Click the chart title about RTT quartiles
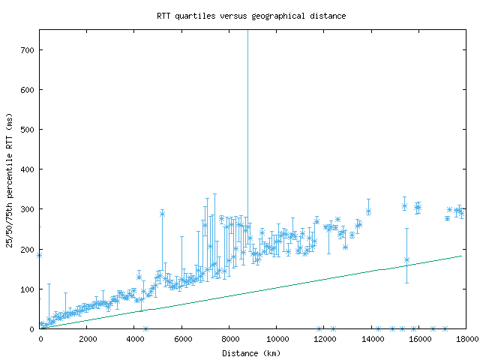251,16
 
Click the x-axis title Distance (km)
251,352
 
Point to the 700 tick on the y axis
27,50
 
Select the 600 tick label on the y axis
27,90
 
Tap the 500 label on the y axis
27,130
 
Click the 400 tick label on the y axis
27,169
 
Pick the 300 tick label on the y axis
27,209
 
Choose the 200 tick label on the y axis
27,249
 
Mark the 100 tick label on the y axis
27,289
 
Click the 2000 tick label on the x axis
88,339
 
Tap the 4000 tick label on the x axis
135,339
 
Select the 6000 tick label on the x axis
182,339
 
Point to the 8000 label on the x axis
229,339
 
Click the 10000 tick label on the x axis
277,339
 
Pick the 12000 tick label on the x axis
324,339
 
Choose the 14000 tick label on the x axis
371,339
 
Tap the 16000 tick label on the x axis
418,339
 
